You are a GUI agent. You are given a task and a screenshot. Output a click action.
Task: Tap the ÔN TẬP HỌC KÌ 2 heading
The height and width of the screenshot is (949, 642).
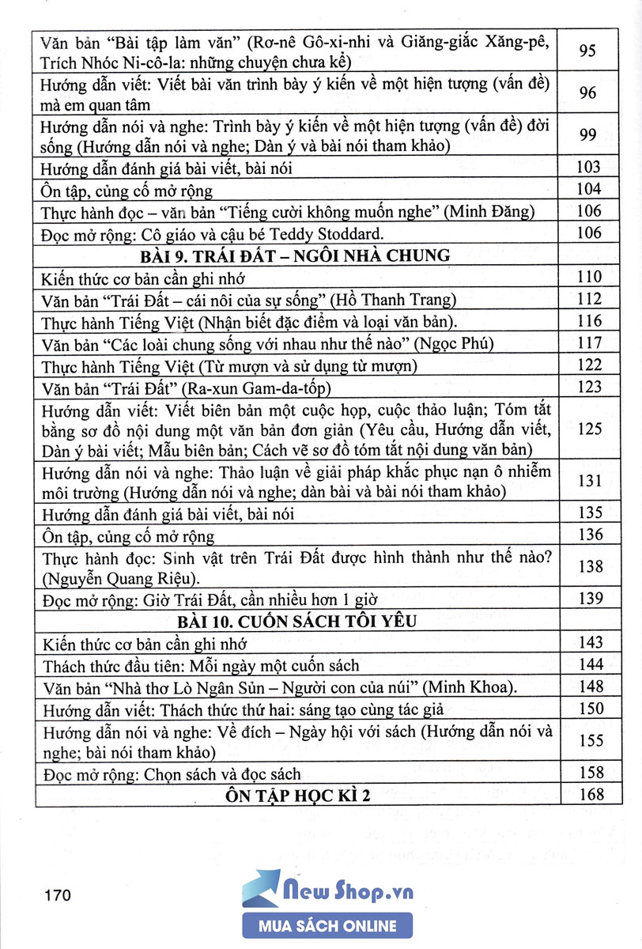tap(297, 795)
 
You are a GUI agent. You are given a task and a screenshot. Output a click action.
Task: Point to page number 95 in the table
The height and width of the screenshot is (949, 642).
tap(588, 51)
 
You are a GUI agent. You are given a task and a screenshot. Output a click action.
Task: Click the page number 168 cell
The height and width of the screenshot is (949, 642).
tap(590, 795)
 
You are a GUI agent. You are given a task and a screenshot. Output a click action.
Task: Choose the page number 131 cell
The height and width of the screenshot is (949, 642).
tap(590, 481)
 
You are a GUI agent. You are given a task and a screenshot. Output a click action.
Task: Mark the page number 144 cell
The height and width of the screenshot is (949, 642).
tap(590, 664)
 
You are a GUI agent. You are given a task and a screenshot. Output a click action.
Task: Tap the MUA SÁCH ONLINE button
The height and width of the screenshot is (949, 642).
tap(328, 926)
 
